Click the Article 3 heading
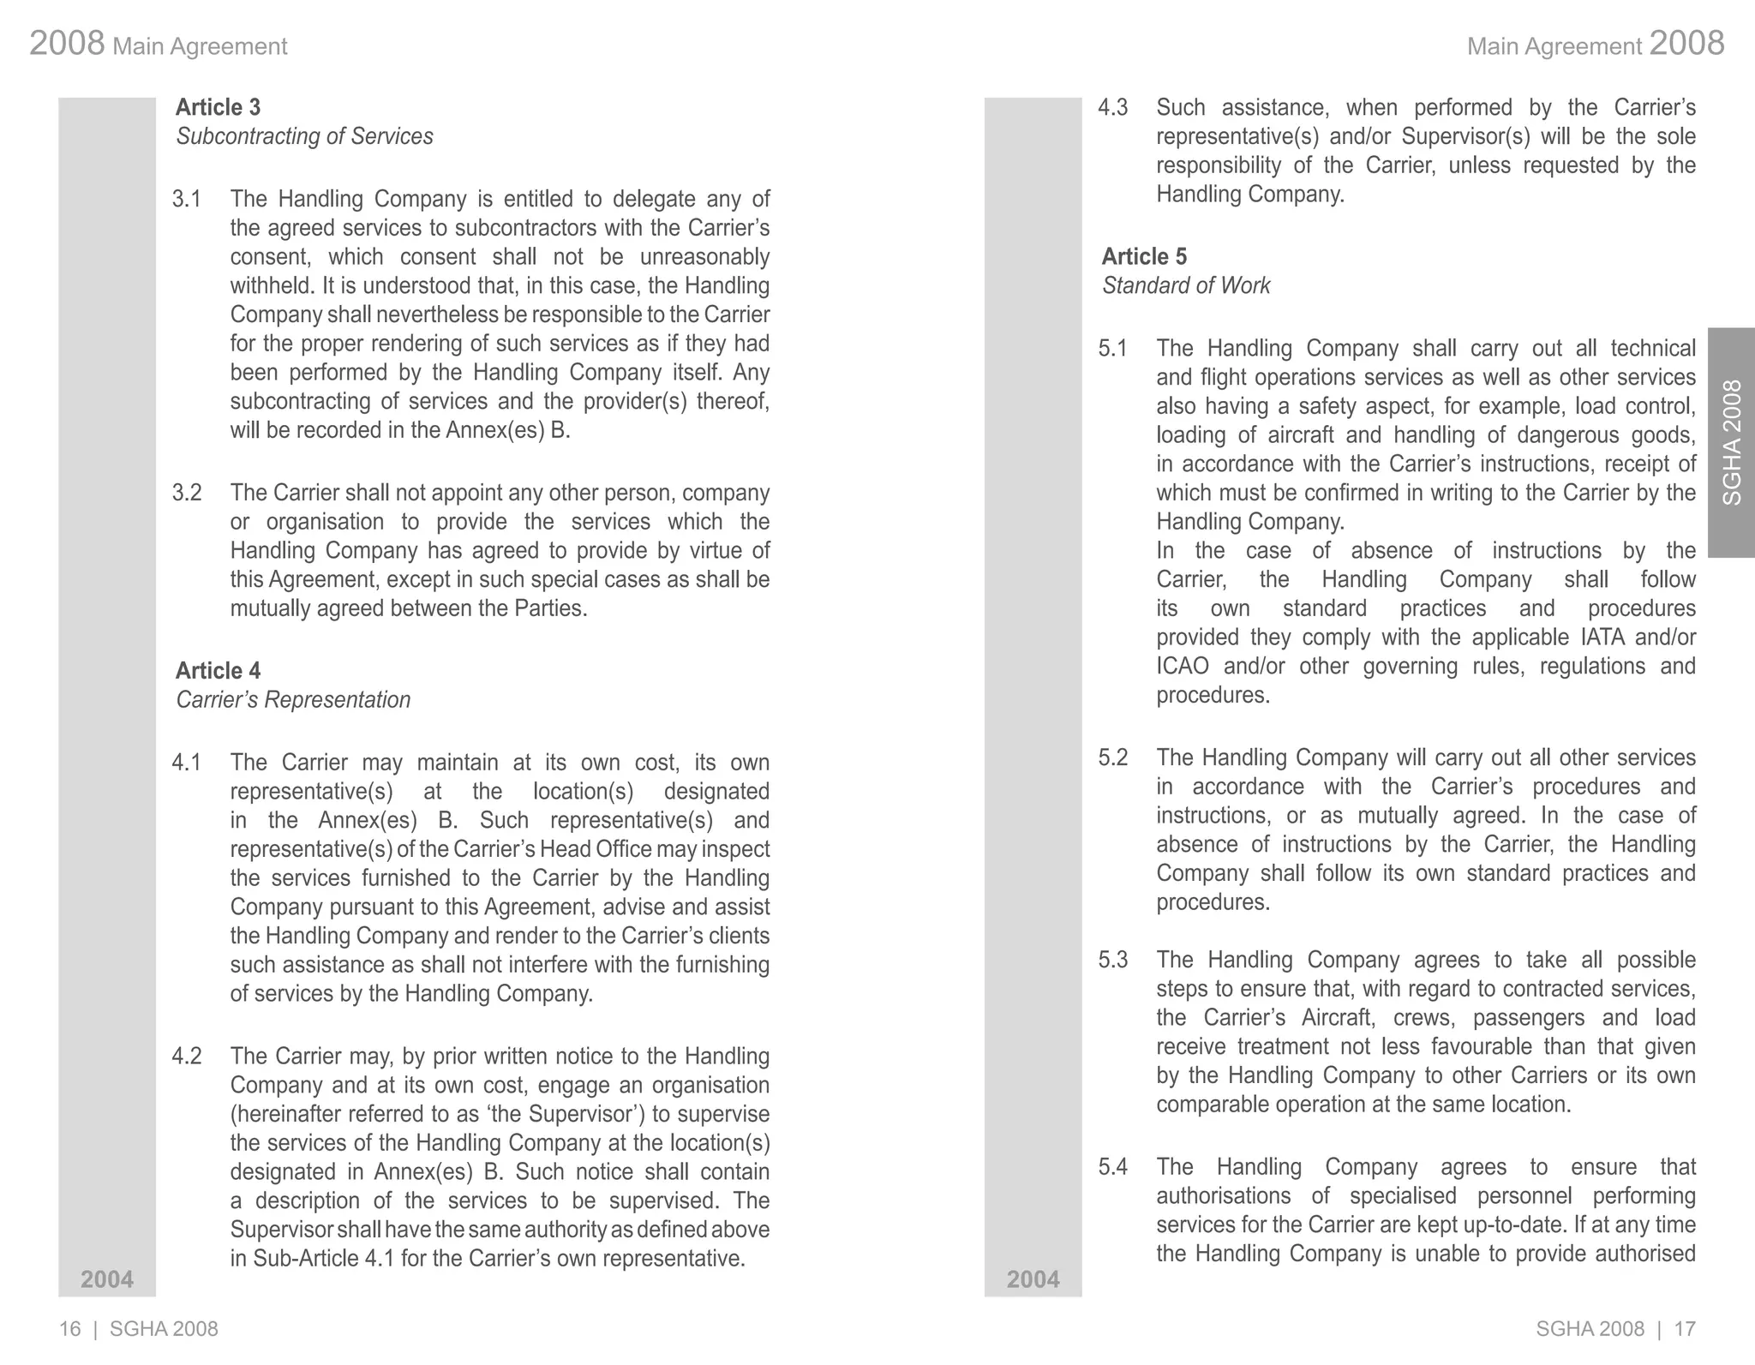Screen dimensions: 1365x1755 [x=218, y=107]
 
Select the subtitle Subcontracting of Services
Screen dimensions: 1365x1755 [x=304, y=136]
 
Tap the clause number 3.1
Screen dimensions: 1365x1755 [x=186, y=199]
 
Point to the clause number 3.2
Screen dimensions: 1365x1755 [x=186, y=493]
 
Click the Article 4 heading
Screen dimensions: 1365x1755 [x=218, y=671]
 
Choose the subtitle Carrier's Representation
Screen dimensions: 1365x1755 [x=293, y=700]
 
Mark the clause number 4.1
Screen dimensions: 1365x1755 [x=186, y=763]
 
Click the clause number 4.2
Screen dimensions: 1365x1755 [x=186, y=1057]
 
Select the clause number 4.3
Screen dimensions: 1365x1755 [x=1112, y=108]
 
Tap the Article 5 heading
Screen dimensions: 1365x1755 [x=1144, y=257]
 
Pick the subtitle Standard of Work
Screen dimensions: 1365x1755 [x=1186, y=286]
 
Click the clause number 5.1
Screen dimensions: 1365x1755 [x=1112, y=349]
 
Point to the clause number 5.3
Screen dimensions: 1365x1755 [x=1112, y=960]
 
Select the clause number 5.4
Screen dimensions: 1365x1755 [x=1112, y=1167]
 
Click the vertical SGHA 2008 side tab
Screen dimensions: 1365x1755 [x=1732, y=442]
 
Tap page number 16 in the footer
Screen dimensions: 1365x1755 [x=69, y=1329]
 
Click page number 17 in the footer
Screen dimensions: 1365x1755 [x=1685, y=1329]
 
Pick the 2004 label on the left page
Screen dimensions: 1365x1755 [x=107, y=1279]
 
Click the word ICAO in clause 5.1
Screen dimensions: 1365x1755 [x=1183, y=667]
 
